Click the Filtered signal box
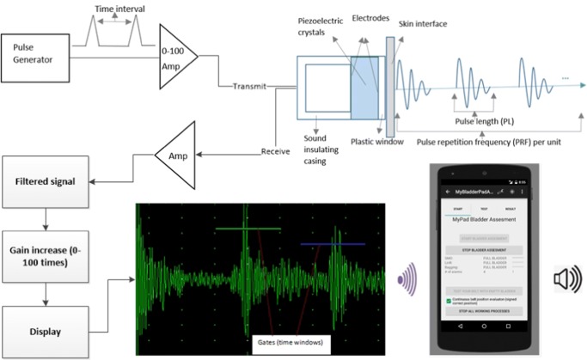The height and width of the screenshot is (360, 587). click(44, 182)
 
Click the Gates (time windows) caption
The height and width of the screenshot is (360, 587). click(284, 342)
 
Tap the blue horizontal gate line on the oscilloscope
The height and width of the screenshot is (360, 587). click(333, 244)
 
